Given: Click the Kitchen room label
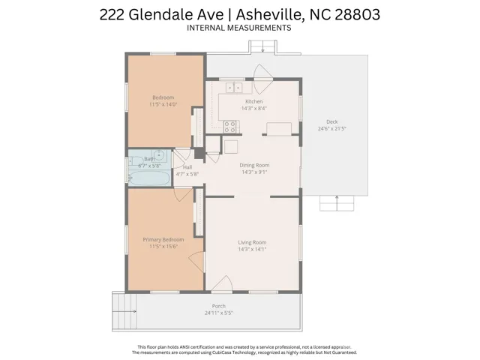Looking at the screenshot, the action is (x=253, y=101).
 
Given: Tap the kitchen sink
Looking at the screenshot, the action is (x=234, y=88).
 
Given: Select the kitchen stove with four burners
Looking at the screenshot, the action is (x=229, y=127).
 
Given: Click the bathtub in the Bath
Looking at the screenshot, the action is (x=149, y=178).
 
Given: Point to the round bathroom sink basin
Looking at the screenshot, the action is (x=159, y=155).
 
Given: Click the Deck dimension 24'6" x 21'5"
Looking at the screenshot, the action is (x=331, y=128).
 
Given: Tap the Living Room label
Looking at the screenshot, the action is (x=252, y=242).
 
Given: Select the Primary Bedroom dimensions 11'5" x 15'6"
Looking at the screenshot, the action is (x=163, y=247).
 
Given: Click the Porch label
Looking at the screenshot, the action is (x=218, y=306).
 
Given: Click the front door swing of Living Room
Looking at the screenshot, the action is (x=223, y=283).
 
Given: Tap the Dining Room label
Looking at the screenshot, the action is (x=254, y=165).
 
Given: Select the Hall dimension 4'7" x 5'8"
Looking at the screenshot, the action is (x=187, y=174).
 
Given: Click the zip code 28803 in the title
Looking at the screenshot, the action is (x=357, y=14).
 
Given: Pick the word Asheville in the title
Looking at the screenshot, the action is (x=270, y=14).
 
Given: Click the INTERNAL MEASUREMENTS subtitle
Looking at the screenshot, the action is (x=238, y=28).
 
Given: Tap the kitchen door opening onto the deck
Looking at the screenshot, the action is (x=262, y=79).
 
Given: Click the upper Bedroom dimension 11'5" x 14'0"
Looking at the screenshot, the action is (x=163, y=104).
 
